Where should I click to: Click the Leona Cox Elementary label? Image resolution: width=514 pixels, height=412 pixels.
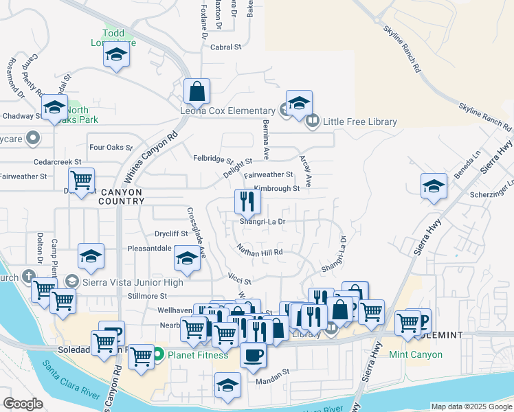[x=227, y=111]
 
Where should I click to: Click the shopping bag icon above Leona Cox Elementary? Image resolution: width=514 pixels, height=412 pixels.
[x=197, y=91]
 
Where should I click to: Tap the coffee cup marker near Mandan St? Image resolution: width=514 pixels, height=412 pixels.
[x=253, y=355]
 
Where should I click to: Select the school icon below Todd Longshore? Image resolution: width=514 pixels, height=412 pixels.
[x=117, y=56]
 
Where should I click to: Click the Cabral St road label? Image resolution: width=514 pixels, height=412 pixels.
[x=227, y=47]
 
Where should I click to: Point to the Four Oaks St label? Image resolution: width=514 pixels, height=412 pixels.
[x=111, y=147]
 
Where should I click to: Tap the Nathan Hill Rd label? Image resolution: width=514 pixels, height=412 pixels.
[x=260, y=252]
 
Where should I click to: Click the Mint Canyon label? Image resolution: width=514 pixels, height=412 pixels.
[x=416, y=355]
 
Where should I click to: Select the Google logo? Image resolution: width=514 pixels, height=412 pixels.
[x=23, y=403]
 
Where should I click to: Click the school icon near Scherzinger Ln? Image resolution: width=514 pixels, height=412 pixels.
[x=434, y=187]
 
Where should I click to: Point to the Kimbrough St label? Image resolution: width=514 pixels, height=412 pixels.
[x=277, y=188]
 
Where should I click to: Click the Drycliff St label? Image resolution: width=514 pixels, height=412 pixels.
[x=171, y=234]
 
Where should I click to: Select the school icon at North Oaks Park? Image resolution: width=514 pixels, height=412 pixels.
[x=54, y=108]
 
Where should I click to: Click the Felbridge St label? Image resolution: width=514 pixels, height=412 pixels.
[x=213, y=159]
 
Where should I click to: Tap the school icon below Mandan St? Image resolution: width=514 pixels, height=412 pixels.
[x=227, y=386]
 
